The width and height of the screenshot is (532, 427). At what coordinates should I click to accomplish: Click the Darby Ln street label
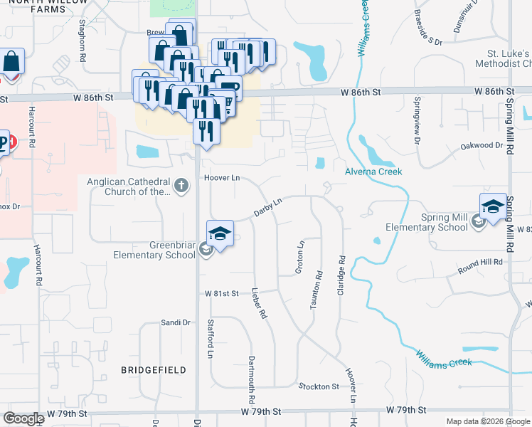(x=269, y=207)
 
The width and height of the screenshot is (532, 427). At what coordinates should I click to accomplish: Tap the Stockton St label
(x=319, y=386)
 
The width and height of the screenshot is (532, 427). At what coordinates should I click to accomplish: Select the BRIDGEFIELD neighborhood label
(x=154, y=370)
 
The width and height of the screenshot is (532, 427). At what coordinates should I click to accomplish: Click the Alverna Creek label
(x=373, y=172)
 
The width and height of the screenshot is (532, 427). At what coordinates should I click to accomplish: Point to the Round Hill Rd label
(x=480, y=263)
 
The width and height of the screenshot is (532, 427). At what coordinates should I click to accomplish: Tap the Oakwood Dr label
(x=484, y=145)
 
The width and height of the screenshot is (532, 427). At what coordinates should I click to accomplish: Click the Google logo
(x=23, y=418)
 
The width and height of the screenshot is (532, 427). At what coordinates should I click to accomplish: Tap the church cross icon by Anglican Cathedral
(x=181, y=186)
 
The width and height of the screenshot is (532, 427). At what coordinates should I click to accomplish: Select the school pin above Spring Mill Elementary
(x=493, y=207)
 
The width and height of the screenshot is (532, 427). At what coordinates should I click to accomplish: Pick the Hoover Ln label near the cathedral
(x=219, y=177)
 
